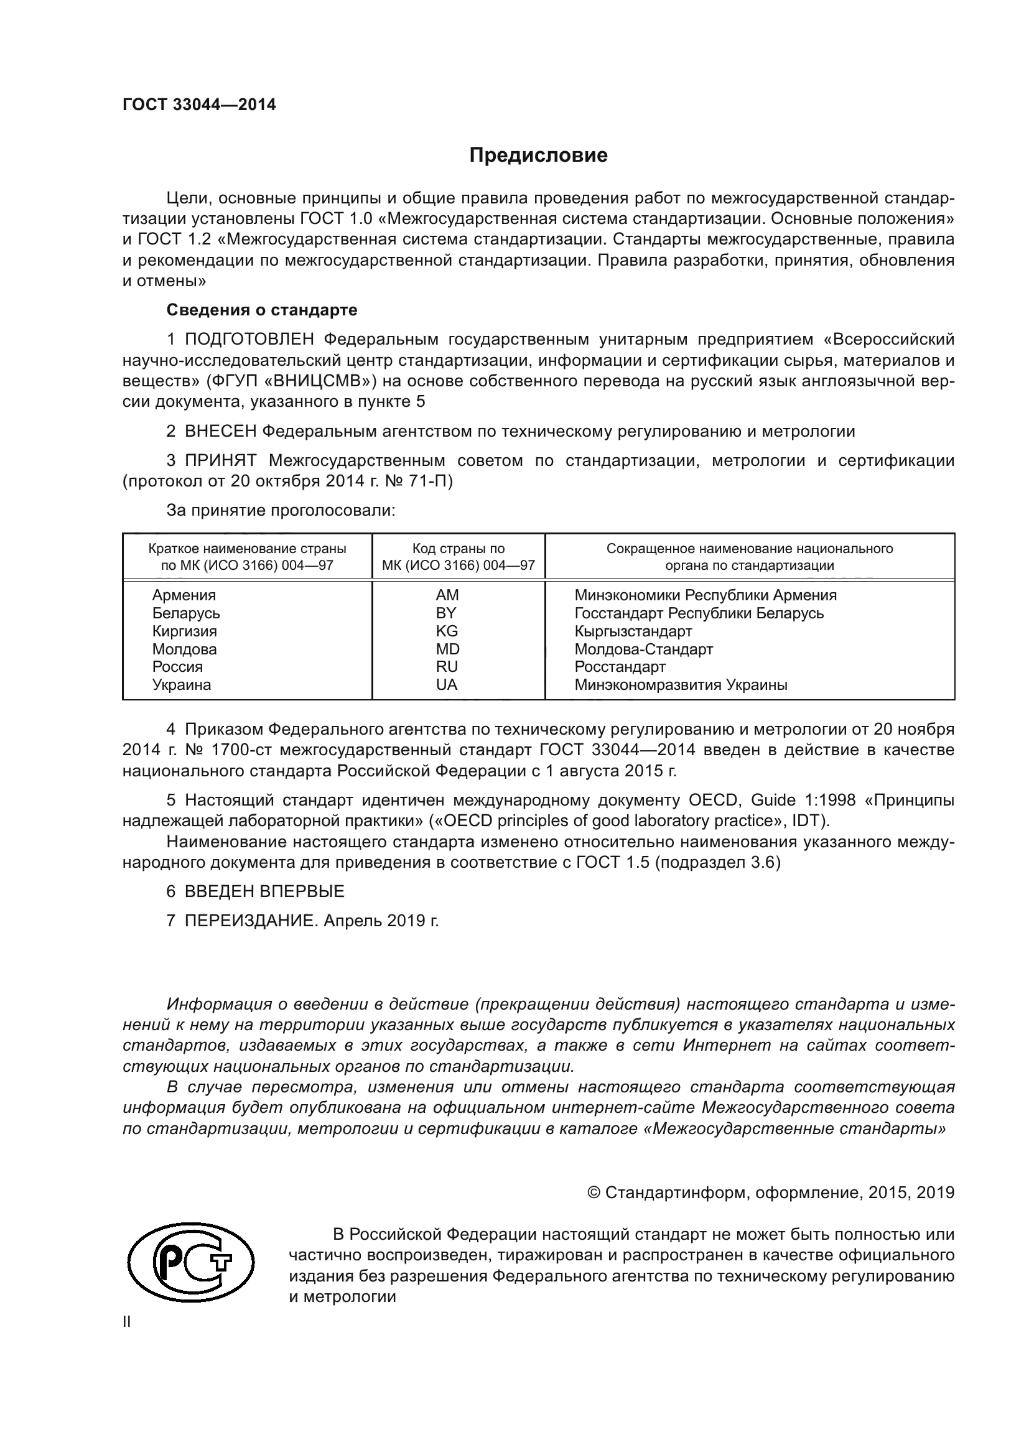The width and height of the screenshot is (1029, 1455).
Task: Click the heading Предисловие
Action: [538, 156]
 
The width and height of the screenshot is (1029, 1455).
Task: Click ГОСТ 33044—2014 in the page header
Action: [199, 105]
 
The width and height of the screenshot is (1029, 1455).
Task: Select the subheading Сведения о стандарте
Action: [262, 310]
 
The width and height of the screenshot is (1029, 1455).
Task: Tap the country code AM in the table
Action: [447, 595]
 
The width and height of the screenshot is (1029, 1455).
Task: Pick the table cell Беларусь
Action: [185, 613]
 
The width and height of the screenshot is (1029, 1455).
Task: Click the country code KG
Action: [447, 631]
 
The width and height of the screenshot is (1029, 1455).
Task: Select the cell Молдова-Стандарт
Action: [644, 649]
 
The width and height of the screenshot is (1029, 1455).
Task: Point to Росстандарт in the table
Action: [620, 667]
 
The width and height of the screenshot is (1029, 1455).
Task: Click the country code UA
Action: [447, 684]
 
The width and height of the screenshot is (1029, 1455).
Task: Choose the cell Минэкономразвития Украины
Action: [681, 684]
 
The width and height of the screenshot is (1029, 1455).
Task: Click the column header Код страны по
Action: [458, 549]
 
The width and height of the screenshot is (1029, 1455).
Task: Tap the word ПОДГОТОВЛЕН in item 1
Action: [249, 340]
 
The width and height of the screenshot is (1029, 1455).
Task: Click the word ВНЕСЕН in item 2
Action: [220, 432]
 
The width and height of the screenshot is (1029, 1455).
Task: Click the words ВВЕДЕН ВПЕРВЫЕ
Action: [264, 891]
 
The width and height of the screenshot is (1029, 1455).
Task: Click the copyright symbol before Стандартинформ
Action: [594, 1193]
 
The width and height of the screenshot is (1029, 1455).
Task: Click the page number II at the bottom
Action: [127, 1322]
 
